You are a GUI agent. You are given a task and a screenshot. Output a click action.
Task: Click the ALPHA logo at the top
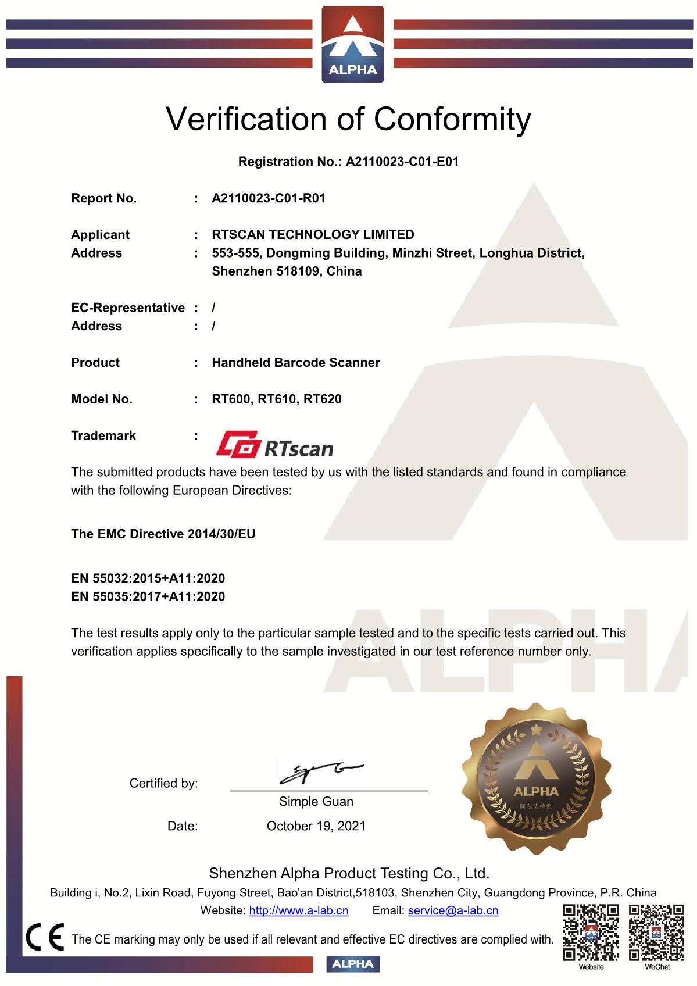click(x=353, y=44)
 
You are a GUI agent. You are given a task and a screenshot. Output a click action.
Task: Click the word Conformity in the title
click(x=452, y=119)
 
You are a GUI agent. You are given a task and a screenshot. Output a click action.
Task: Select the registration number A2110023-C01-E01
click(x=402, y=162)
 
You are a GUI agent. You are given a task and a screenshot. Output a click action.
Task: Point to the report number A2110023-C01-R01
click(x=269, y=198)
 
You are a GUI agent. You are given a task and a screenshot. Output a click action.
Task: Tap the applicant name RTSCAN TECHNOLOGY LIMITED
click(x=313, y=235)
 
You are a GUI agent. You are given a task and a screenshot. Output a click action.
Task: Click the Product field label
click(x=95, y=363)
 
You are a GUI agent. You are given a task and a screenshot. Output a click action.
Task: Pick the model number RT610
click(x=276, y=399)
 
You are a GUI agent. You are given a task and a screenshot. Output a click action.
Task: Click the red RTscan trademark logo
click(x=275, y=445)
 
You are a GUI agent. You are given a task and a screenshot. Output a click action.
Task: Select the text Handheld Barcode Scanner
click(x=295, y=363)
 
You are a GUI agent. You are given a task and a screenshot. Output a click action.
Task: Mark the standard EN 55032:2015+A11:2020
click(x=148, y=578)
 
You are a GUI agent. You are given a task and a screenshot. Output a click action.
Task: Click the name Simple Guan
click(x=316, y=802)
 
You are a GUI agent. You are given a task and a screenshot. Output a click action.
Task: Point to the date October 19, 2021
click(x=316, y=826)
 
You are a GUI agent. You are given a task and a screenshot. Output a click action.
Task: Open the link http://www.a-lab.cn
click(x=299, y=911)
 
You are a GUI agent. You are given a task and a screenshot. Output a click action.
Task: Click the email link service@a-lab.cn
click(x=453, y=911)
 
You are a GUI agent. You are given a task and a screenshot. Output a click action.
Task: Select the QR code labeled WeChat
click(x=657, y=933)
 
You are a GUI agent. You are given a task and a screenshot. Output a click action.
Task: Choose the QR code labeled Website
click(x=591, y=933)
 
